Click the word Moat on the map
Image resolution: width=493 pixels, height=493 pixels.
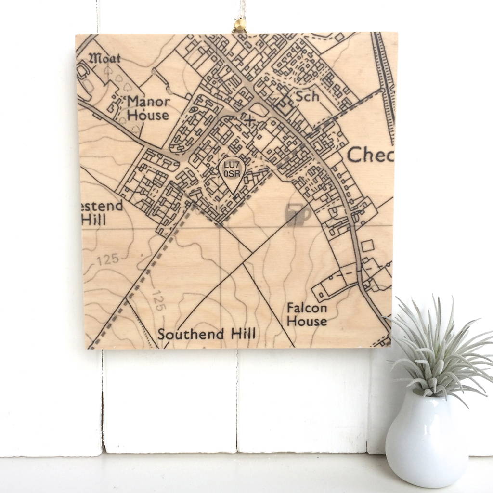104,59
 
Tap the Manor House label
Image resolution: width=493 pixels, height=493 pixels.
148,108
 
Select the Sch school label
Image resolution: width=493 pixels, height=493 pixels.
308,96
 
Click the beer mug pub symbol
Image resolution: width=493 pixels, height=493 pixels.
297,214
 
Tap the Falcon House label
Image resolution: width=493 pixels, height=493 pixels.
307,314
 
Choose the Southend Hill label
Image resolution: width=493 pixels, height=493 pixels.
207,334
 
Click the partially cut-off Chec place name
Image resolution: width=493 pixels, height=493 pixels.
370,155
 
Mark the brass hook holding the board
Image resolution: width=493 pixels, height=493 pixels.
239,25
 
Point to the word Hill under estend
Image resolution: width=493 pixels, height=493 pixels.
93,220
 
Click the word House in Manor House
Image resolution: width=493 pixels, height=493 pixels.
148,115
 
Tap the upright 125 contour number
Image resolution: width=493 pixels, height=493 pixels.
107,260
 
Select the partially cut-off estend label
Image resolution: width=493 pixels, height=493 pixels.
102,206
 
